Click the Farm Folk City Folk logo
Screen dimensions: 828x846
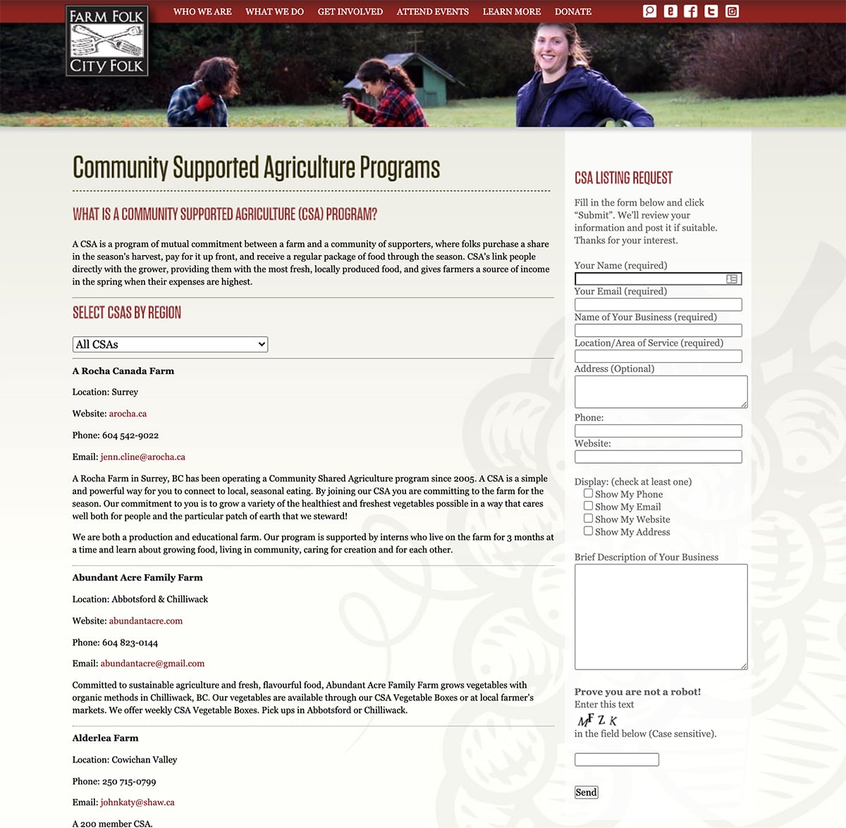(107, 41)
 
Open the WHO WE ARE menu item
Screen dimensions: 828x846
(202, 12)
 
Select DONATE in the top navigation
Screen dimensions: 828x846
(572, 12)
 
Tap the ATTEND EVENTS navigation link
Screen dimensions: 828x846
(432, 12)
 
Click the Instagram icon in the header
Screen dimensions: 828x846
(732, 11)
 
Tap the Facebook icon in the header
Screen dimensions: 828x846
(691, 11)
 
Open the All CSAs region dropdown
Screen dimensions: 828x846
(170, 344)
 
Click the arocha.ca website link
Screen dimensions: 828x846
(128, 414)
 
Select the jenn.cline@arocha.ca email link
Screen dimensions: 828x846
(142, 457)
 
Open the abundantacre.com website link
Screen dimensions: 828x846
(145, 621)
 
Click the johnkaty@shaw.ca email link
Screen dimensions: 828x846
(137, 802)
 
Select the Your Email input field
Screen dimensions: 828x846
(658, 304)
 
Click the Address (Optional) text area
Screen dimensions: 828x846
(661, 391)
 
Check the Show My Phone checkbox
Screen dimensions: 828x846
(588, 493)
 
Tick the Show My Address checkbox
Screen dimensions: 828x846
(588, 531)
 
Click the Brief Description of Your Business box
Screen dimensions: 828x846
(661, 617)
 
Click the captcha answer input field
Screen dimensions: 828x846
(616, 760)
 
